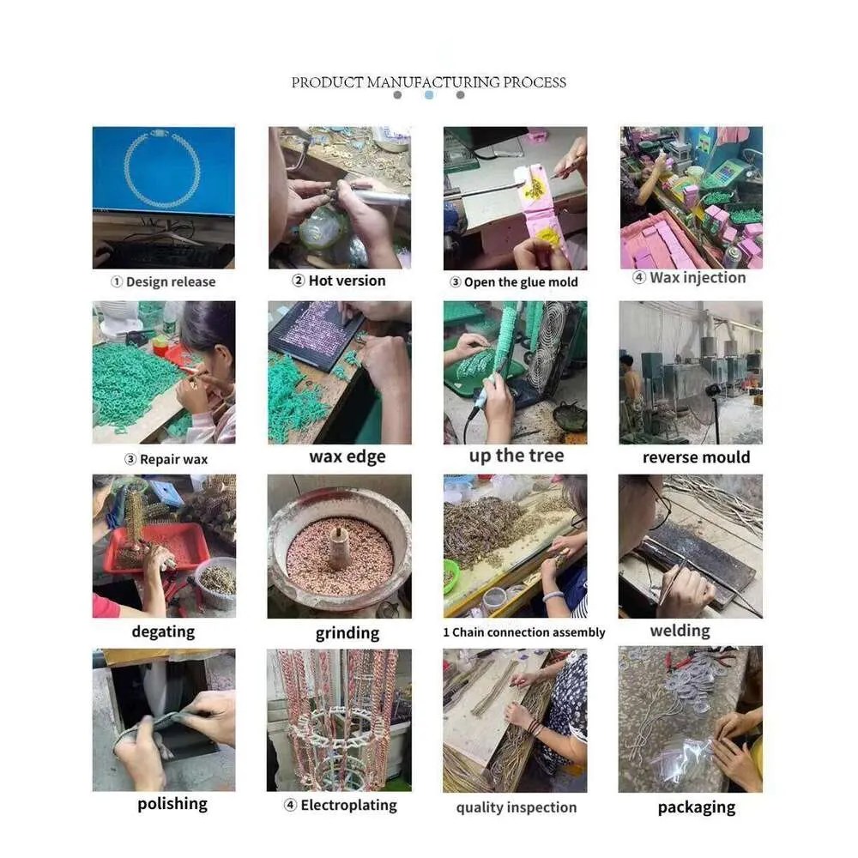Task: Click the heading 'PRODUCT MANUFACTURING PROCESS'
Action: click(428, 82)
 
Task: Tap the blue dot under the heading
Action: click(429, 95)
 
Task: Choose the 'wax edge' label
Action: click(347, 456)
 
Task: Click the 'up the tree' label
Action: click(517, 456)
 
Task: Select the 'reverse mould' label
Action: click(696, 457)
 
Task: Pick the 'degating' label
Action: click(163, 632)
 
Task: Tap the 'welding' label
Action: click(680, 631)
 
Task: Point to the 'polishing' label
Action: click(172, 804)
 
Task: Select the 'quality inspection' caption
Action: click(517, 807)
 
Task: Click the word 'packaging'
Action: click(697, 807)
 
